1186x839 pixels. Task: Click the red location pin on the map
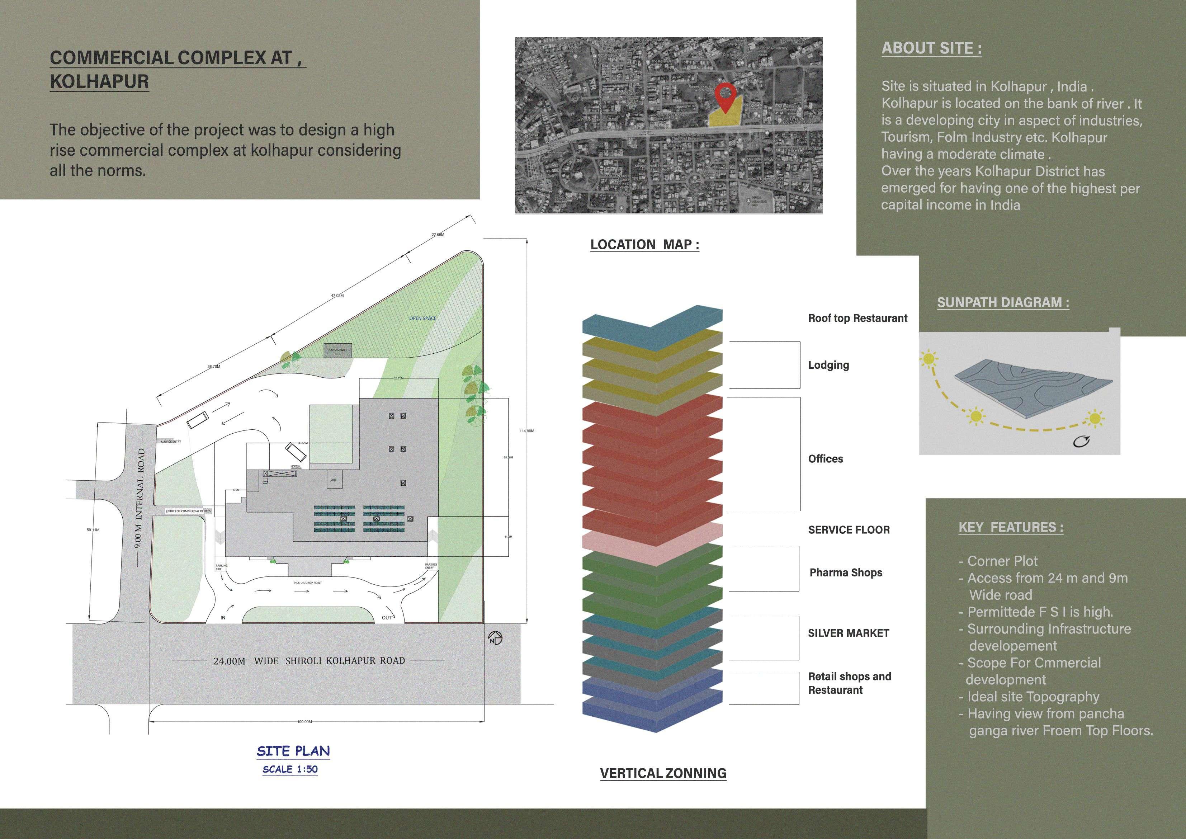pos(725,95)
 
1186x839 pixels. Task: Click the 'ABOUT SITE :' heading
pos(931,48)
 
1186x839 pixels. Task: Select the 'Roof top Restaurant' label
pos(857,318)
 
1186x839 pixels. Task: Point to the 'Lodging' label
pos(828,365)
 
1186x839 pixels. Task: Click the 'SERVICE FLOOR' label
pos(849,529)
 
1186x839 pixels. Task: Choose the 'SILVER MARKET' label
pos(848,633)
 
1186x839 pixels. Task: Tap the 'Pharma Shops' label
pos(846,572)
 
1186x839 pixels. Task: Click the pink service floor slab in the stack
pos(652,542)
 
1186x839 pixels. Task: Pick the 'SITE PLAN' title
pos(293,751)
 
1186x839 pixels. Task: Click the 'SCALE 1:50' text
pos(290,769)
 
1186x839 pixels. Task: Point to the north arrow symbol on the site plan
pos(495,638)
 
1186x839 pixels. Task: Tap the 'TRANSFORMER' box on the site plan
pos(337,350)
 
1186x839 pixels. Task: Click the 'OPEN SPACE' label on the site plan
pos(422,318)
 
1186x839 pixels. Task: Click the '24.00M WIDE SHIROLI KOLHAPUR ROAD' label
pos(309,661)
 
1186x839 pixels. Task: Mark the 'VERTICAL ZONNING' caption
pos(663,773)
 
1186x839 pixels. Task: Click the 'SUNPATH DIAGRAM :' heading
pos(1003,303)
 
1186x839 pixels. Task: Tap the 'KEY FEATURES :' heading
pos(1010,528)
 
